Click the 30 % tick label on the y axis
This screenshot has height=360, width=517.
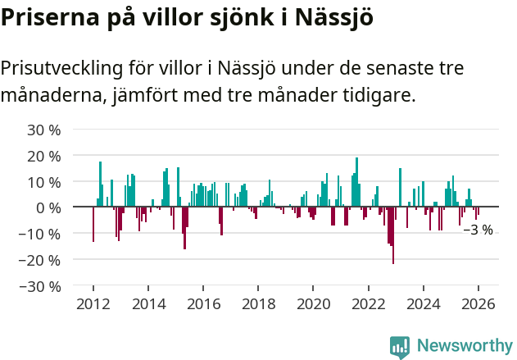[x=44, y=130]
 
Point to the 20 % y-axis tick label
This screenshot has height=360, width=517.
[x=44, y=156]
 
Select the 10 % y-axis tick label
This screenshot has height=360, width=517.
[x=44, y=182]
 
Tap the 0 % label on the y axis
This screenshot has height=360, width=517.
[x=48, y=207]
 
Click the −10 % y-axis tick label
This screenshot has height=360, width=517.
[x=41, y=234]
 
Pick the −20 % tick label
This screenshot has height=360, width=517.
[x=41, y=260]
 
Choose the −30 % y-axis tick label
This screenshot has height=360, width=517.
[x=41, y=286]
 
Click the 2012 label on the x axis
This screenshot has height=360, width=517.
[x=93, y=303]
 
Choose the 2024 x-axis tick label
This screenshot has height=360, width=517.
[x=424, y=303]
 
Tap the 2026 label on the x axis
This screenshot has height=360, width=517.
[x=478, y=303]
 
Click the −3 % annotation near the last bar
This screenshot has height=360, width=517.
[x=478, y=230]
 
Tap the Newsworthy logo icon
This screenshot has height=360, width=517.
[x=400, y=347]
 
